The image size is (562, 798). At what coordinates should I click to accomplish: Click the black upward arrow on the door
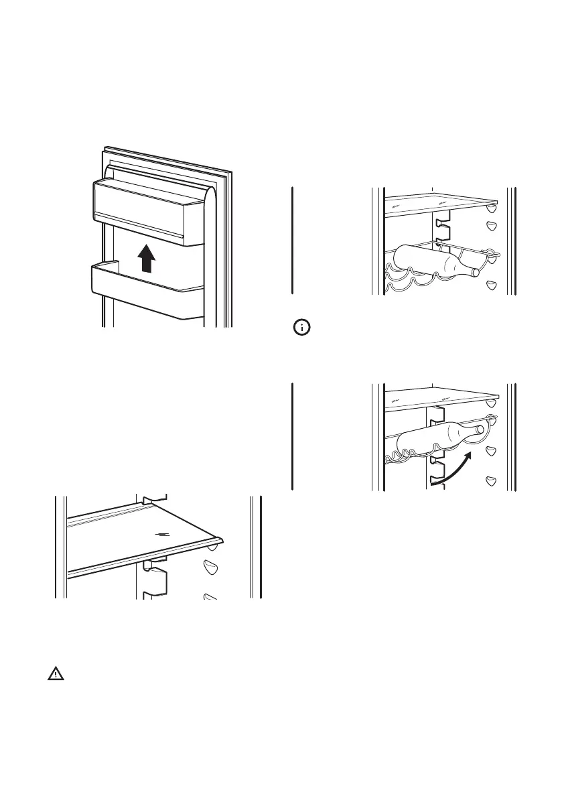tap(147, 259)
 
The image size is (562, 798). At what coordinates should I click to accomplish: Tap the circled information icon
tap(303, 328)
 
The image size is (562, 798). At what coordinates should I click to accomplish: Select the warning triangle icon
tap(54, 675)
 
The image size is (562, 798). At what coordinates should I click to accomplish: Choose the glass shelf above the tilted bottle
tap(441, 397)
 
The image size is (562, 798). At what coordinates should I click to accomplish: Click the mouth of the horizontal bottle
tap(476, 272)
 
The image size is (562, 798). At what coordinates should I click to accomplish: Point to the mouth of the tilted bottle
tap(480, 429)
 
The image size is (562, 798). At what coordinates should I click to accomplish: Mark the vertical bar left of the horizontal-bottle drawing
tap(293, 240)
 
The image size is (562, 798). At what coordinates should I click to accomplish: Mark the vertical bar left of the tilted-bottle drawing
tap(293, 436)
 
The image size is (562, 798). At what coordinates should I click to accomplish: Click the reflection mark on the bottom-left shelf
tap(161, 535)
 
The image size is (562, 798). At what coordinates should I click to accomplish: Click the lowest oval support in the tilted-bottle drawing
tap(491, 480)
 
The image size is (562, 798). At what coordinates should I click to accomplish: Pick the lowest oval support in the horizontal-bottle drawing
tap(491, 285)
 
